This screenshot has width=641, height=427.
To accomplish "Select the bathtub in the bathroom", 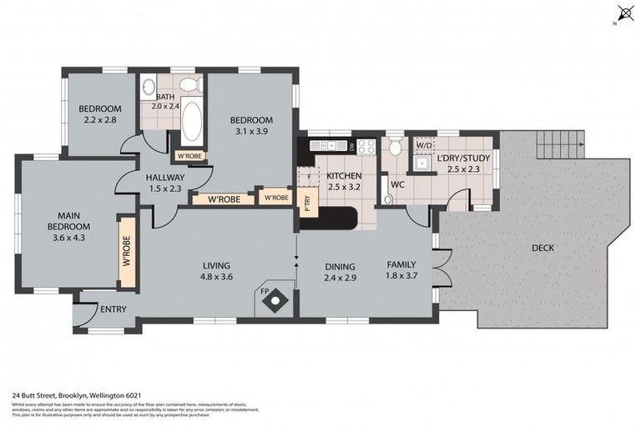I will (191, 121).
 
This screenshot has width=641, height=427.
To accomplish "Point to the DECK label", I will (543, 248).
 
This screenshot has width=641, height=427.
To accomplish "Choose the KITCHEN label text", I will (343, 176).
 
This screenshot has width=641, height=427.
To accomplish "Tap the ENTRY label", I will (113, 309).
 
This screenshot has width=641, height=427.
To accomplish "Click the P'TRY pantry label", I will (307, 203).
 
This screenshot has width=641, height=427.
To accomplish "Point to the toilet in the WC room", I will (396, 148).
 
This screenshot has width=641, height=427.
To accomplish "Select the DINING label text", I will (340, 266).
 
